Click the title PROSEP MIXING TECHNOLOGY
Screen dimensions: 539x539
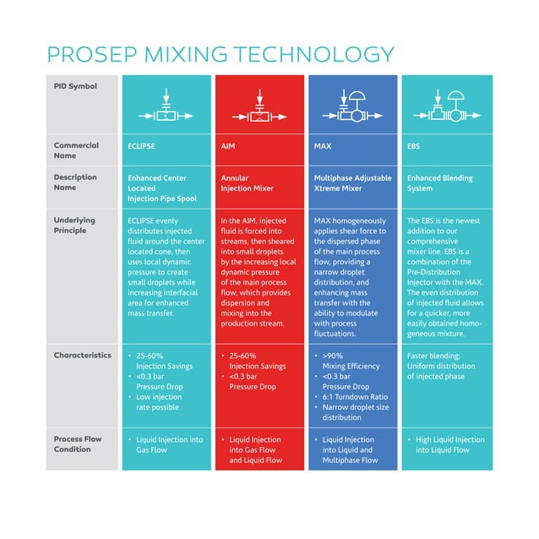click(x=220, y=56)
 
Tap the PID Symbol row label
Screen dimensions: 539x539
click(x=75, y=86)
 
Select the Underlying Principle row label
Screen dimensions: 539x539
click(x=75, y=226)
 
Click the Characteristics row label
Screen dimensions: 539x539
click(x=83, y=356)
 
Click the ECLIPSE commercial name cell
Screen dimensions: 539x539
click(x=141, y=146)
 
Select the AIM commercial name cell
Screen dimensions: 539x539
click(x=228, y=146)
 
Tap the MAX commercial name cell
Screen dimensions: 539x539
click(x=322, y=146)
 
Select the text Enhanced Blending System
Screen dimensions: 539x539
click(x=439, y=183)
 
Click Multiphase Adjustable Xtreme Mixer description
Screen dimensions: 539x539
click(x=351, y=183)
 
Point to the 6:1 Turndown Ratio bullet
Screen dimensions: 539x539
click(x=355, y=397)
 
